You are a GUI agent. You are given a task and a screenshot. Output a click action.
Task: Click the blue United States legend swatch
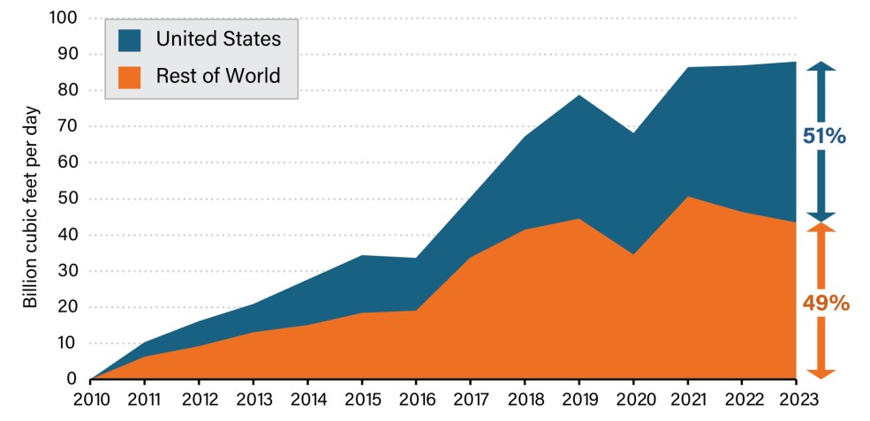(129, 39)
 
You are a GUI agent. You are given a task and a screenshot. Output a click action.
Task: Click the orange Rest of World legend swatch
(129, 76)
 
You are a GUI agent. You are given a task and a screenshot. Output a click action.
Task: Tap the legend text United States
(218, 39)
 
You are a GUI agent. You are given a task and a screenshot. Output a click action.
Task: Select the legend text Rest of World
(218, 76)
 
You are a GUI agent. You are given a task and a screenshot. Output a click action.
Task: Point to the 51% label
(824, 137)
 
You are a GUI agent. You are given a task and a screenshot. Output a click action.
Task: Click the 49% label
(825, 304)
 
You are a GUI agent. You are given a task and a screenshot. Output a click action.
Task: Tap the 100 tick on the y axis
(64, 18)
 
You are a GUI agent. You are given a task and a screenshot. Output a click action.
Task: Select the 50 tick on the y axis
(68, 199)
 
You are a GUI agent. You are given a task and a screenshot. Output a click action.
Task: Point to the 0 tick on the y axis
(72, 380)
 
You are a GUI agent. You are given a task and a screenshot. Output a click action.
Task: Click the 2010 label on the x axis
(90, 399)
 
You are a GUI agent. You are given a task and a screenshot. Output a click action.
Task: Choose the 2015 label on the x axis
(362, 399)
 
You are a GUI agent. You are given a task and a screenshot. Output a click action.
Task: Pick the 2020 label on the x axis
(633, 399)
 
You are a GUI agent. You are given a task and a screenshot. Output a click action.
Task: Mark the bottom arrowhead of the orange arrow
(821, 372)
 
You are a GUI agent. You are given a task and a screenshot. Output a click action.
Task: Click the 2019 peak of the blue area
(579, 95)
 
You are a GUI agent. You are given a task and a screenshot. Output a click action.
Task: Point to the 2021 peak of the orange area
(688, 197)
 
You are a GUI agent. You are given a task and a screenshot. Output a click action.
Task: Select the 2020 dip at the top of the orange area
(633, 254)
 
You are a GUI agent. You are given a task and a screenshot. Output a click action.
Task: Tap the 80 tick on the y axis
(68, 90)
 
